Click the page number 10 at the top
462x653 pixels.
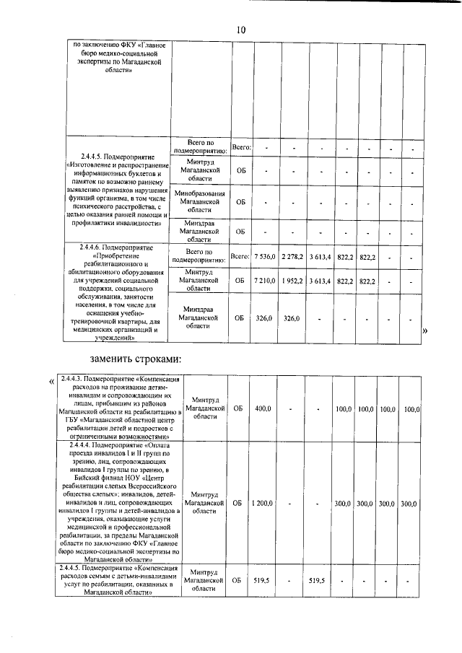[240, 30]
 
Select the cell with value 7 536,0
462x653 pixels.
[265, 257]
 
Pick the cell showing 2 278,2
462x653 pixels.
[292, 257]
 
